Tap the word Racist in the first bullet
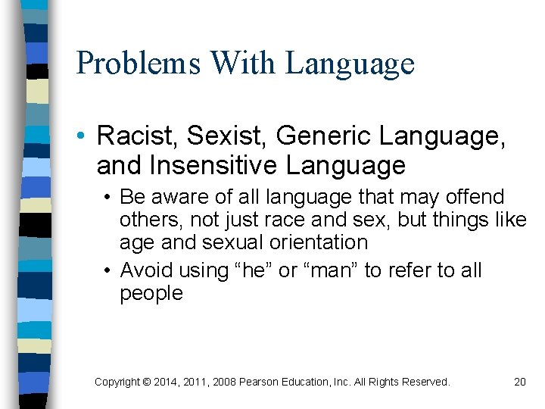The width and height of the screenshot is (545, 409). click(139, 136)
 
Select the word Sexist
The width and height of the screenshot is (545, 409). click(228, 136)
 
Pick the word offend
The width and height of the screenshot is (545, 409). click(474, 197)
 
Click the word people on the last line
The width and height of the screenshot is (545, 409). click(151, 294)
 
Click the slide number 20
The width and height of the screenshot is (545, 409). click(519, 382)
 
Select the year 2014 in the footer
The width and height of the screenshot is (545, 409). click(166, 382)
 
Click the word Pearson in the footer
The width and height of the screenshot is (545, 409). click(260, 382)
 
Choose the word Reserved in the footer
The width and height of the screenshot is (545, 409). click(425, 382)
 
